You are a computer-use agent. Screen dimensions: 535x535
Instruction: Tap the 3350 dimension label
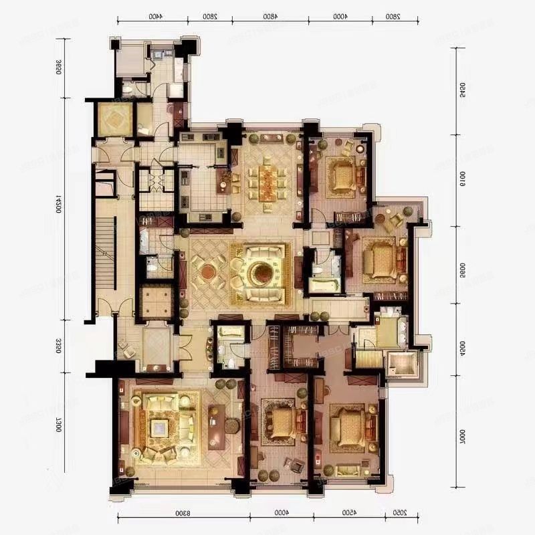point(59,346)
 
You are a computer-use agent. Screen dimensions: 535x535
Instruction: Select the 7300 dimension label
point(59,429)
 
